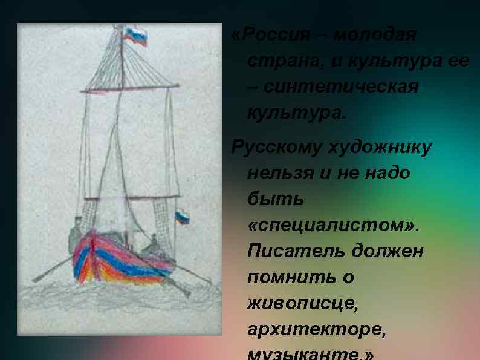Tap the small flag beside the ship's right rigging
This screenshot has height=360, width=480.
(182, 217)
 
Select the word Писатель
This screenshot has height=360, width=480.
(290, 251)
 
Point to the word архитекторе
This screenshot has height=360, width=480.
(316, 329)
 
